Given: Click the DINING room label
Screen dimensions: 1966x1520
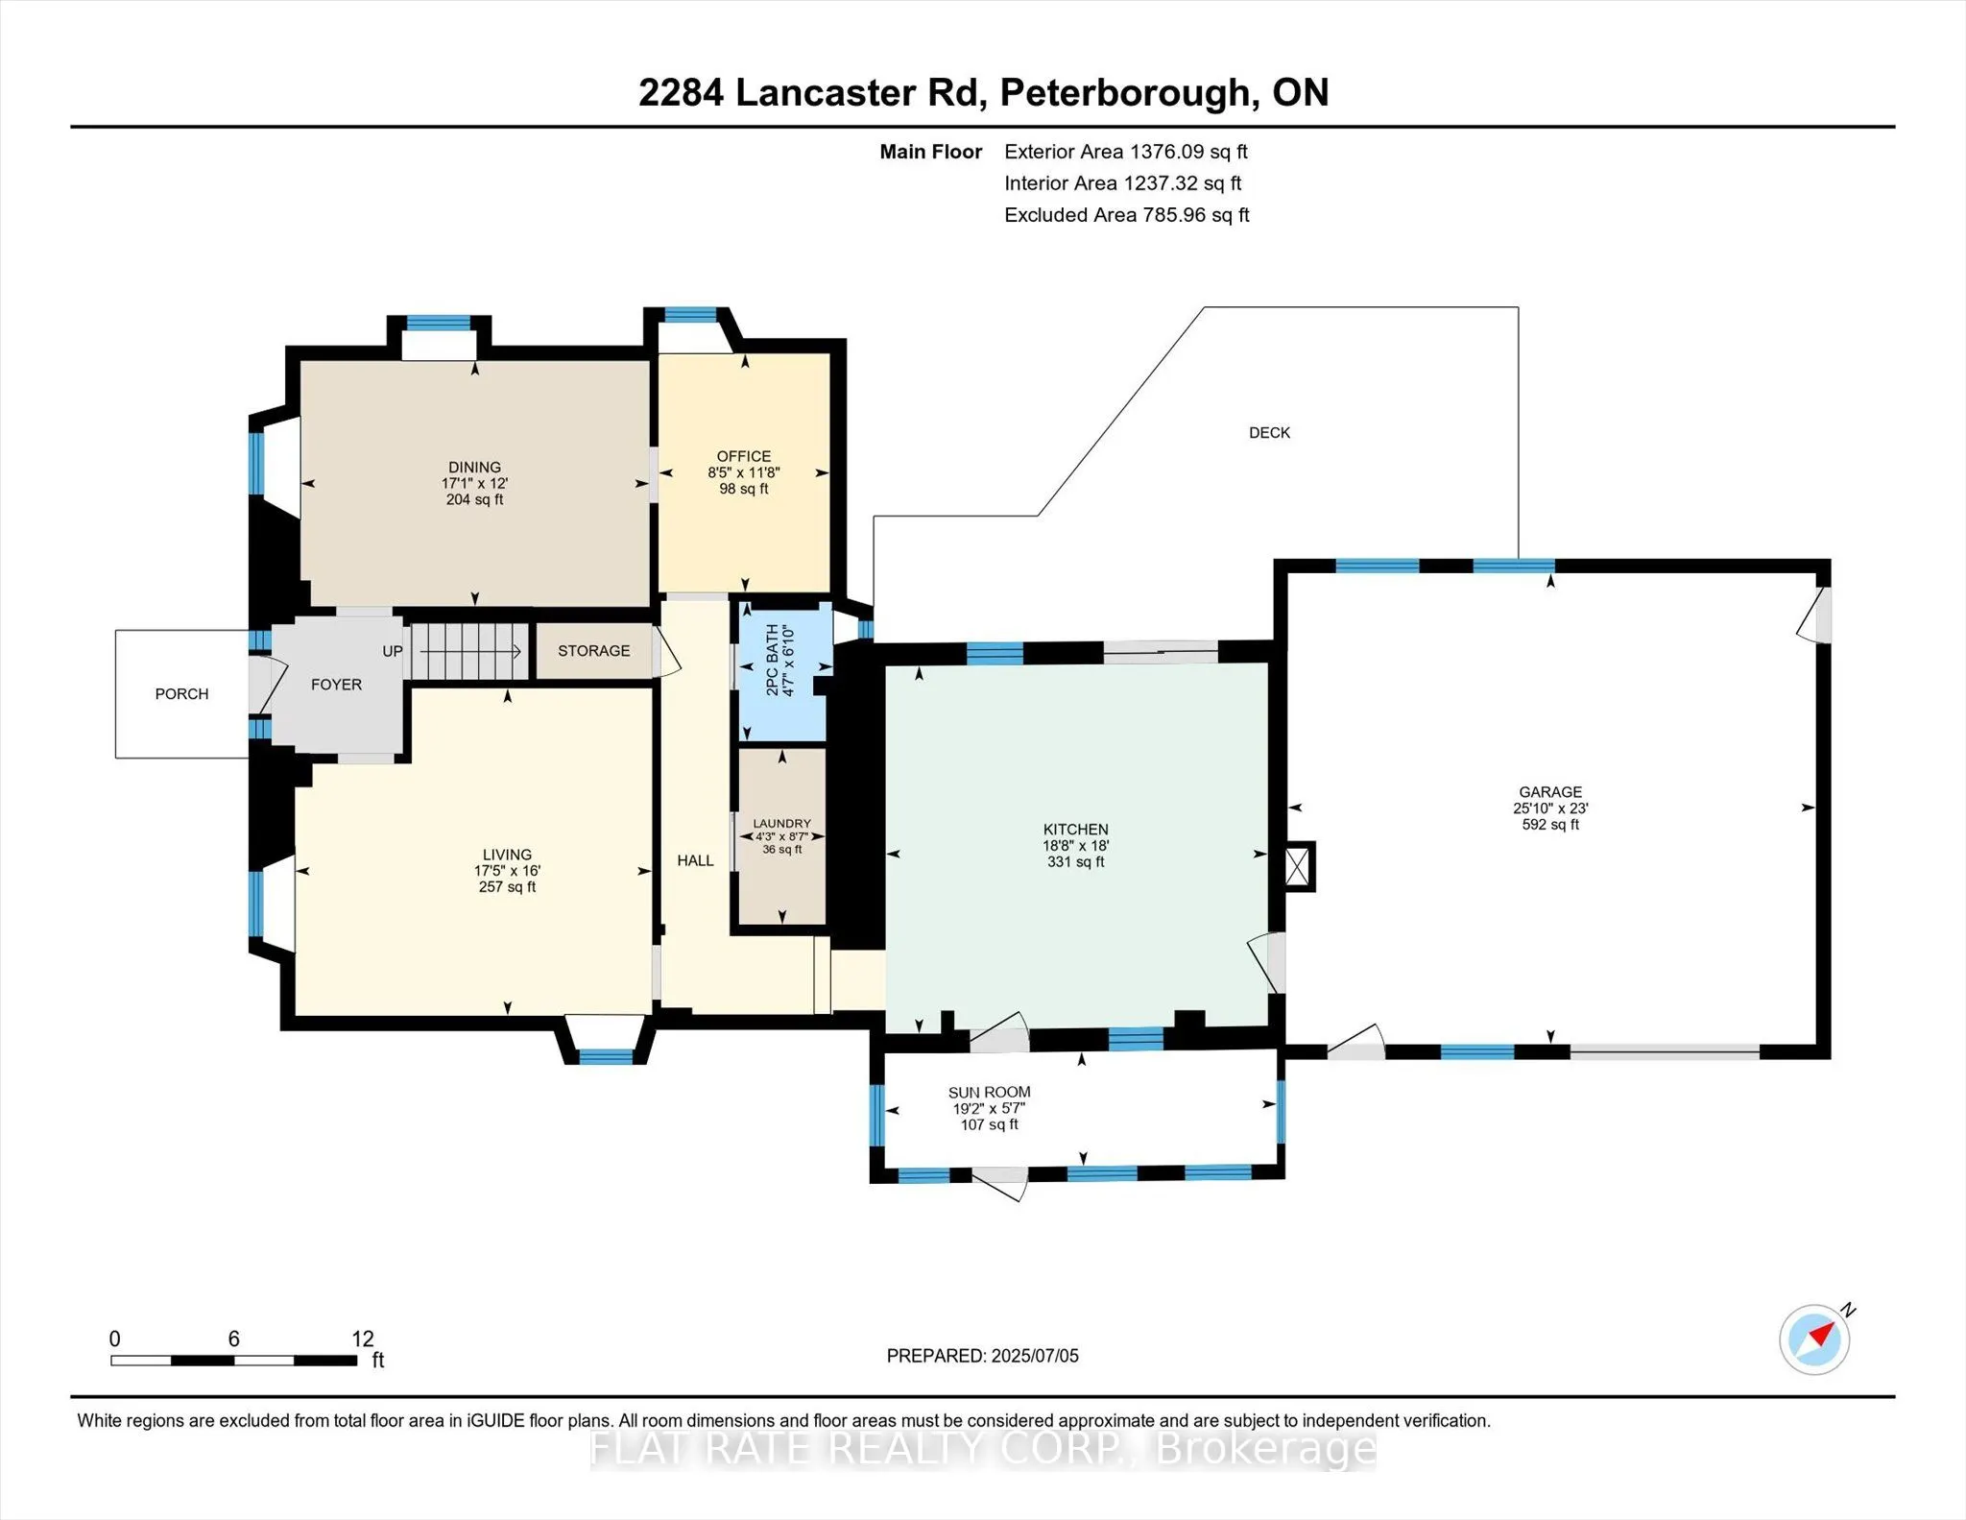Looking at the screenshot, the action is click(x=474, y=468).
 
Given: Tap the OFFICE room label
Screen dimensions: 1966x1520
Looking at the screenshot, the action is click(x=744, y=456).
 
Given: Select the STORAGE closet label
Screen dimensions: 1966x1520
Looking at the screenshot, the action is click(x=594, y=651).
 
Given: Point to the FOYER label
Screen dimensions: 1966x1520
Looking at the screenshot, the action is click(x=336, y=685).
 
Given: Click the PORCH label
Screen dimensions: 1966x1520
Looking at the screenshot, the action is click(x=181, y=694).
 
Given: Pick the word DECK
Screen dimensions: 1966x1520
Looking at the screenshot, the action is click(x=1269, y=433).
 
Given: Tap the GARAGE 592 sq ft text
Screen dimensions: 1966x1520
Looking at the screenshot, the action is click(x=1550, y=824).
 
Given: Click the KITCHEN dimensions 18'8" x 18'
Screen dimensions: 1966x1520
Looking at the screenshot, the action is click(x=1076, y=846).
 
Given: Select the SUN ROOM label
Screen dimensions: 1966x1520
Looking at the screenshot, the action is click(x=990, y=1092).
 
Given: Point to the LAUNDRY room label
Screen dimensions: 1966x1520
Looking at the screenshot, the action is click(x=781, y=824).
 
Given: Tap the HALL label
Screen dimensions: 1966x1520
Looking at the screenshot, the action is click(x=695, y=860).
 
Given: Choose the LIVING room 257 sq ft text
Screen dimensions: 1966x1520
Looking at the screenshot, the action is click(x=507, y=887).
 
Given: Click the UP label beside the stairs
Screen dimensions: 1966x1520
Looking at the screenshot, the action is click(x=393, y=651).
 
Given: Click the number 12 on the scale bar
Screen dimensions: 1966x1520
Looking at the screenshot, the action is click(x=363, y=1339).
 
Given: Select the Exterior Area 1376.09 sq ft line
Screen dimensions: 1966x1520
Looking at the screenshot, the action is click(x=1126, y=152).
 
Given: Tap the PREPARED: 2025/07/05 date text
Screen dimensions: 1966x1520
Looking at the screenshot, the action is click(x=982, y=1356).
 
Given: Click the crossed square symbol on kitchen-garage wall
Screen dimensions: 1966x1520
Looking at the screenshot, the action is click(x=1297, y=867).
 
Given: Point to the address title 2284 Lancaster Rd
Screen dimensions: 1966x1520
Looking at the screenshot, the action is click(x=812, y=93).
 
